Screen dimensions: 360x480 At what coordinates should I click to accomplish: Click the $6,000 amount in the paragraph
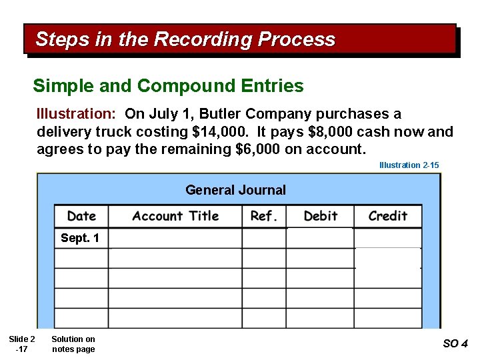(259, 149)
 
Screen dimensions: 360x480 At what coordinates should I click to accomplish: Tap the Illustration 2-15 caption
(409, 165)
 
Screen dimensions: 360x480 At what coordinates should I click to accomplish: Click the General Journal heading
(235, 190)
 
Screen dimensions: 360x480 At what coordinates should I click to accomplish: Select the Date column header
(81, 216)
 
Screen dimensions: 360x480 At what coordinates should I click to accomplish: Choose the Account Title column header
(175, 216)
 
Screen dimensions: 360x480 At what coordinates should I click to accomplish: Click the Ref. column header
(264, 216)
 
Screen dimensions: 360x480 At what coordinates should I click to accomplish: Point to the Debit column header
(320, 216)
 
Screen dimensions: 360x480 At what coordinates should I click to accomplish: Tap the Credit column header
(387, 216)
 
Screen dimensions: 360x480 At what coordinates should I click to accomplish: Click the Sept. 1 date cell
(80, 238)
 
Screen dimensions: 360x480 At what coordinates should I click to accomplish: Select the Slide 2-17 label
(23, 344)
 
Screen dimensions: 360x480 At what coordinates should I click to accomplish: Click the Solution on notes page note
(73, 344)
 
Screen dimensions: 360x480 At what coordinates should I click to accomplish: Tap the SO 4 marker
(455, 344)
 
